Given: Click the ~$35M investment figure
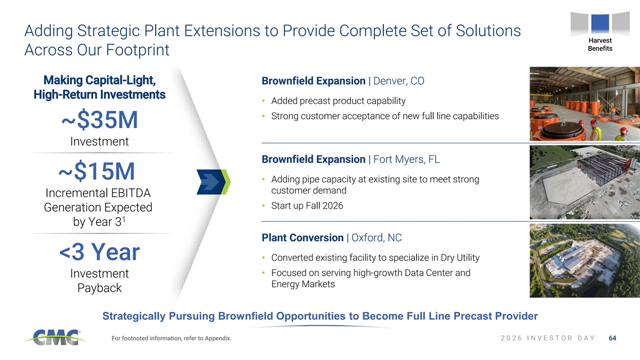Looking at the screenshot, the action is coord(100,119).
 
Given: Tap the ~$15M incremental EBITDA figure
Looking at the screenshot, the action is coord(97,171).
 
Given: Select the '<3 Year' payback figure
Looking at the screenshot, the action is coord(99,252).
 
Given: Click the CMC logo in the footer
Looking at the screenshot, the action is coord(55,338).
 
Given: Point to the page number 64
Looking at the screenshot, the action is coord(613,338).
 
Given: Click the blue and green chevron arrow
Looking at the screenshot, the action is coord(213,182).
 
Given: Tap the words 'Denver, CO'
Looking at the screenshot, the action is coord(399,81).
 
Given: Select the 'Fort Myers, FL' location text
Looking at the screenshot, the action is coord(406,159).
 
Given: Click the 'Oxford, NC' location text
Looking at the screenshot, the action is coord(377,238).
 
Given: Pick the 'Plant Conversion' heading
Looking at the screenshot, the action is coord(302,238).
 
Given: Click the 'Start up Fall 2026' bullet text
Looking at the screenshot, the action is coord(307,206).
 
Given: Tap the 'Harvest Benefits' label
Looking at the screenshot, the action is coord(600,45).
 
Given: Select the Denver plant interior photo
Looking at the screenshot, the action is coord(585,103).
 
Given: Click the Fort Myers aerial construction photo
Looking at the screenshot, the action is coord(585,182).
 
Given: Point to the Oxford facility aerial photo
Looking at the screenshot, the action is coord(585,261).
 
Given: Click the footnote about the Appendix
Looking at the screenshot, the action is coord(171,338).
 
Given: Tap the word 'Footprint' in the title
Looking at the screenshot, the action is coord(138,50).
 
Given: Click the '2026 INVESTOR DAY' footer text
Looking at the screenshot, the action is coord(548,338).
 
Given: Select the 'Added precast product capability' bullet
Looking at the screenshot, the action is coord(338,101).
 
